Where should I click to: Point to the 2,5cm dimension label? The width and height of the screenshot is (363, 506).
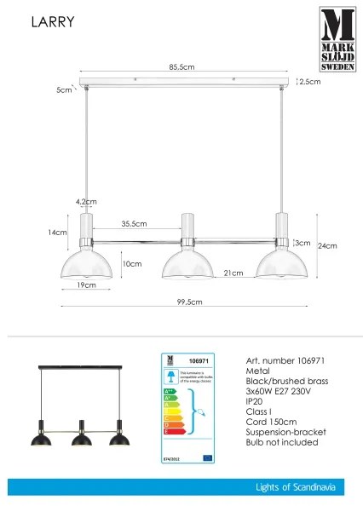(x=310, y=83)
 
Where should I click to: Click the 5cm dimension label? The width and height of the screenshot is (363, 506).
(x=63, y=89)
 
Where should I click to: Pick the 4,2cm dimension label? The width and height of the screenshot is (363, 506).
(x=85, y=202)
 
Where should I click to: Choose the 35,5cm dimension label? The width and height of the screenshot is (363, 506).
(x=134, y=223)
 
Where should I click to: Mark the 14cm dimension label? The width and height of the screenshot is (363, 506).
(x=57, y=232)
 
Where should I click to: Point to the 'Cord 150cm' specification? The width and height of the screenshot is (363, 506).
(x=271, y=421)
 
